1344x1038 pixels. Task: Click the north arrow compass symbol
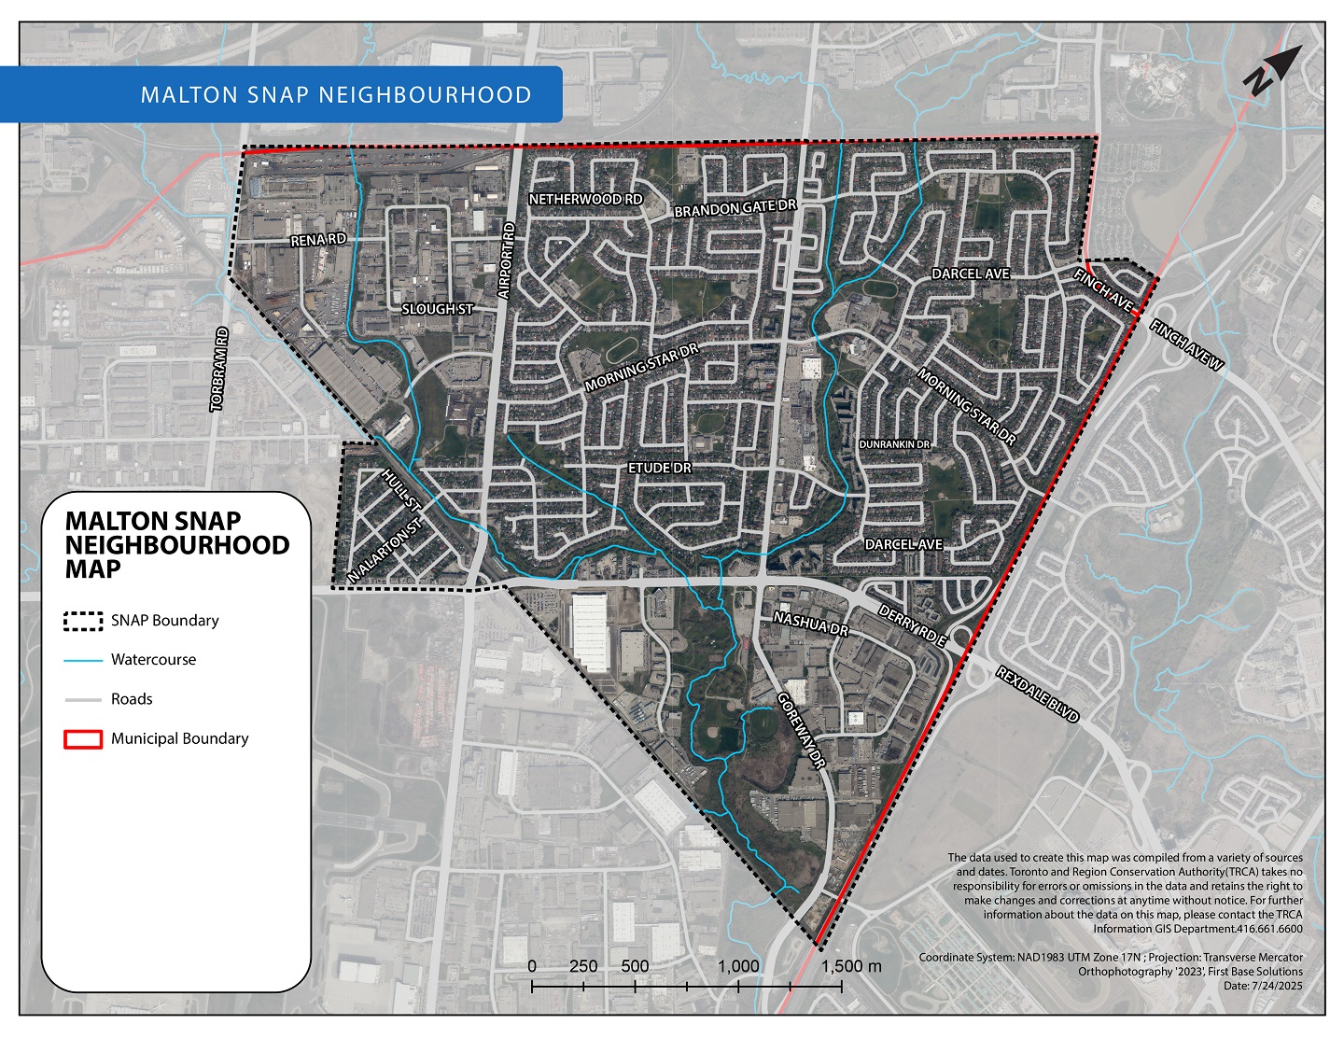[1270, 70]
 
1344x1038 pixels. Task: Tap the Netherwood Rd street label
[585, 200]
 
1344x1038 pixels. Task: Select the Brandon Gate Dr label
[734, 208]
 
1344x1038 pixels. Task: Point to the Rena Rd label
[318, 240]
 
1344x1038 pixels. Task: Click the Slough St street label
[437, 309]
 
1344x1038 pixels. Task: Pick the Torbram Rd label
[219, 370]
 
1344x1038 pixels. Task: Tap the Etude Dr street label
[660, 467]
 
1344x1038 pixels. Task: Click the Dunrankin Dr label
[894, 445]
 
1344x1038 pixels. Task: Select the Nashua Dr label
[810, 624]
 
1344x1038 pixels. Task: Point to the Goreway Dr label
[801, 731]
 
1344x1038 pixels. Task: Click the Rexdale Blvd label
[1037, 694]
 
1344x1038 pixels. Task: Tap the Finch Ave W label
[1185, 346]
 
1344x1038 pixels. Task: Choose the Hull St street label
[402, 490]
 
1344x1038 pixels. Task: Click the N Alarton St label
[385, 552]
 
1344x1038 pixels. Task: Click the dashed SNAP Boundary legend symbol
[82, 621]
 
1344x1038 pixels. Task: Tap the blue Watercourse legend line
[82, 660]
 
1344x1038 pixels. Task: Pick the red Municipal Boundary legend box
[82, 739]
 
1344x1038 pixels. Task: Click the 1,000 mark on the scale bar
[738, 967]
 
